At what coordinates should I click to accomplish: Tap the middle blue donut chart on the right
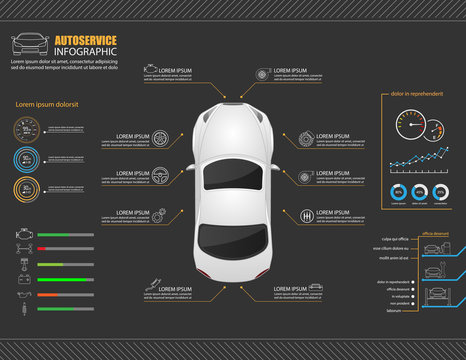pos(419,192)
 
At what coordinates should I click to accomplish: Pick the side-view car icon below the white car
pos(315,288)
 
